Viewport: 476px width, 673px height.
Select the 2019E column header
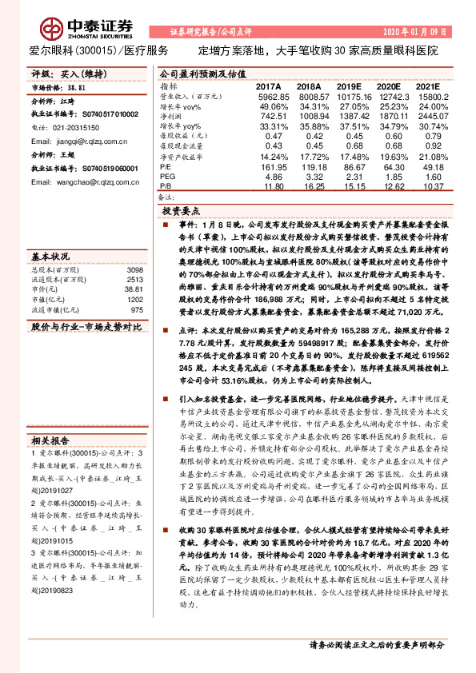pos(350,86)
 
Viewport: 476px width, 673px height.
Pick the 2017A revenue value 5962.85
pos(269,96)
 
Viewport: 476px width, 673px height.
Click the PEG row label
pos(167,178)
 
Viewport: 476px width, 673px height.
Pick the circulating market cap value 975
pos(136,309)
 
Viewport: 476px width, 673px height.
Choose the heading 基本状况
pos(50,257)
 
